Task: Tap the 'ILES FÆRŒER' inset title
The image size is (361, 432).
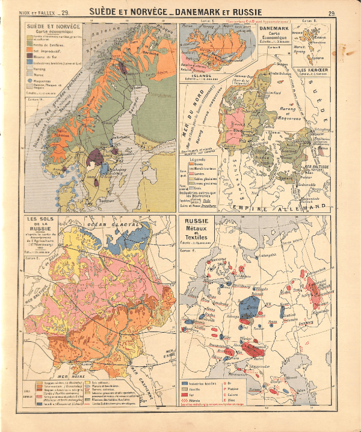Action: click(313, 70)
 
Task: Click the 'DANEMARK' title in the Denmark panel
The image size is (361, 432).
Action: click(274, 28)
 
